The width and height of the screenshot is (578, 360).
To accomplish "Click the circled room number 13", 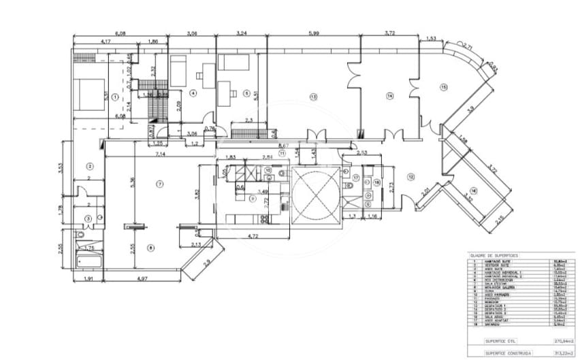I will pos(313,97).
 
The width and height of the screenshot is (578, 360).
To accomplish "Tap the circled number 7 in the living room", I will pos(160,184).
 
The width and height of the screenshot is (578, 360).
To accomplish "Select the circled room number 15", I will pos(443,86).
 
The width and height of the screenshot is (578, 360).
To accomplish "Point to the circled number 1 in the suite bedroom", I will pos(116,97).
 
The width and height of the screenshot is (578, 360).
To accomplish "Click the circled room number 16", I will pos(474,191).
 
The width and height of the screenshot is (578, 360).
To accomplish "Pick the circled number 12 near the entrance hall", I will pos(411,177).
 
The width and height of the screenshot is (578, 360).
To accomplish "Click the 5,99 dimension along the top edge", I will pos(313,33).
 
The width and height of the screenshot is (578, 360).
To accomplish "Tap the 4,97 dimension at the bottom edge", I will pos(142,279).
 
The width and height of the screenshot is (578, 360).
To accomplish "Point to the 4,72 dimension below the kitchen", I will pos(253,236).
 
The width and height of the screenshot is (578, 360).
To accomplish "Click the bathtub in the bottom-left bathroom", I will pos(89,261).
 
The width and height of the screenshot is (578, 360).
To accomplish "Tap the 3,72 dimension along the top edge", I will pos(389,33).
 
